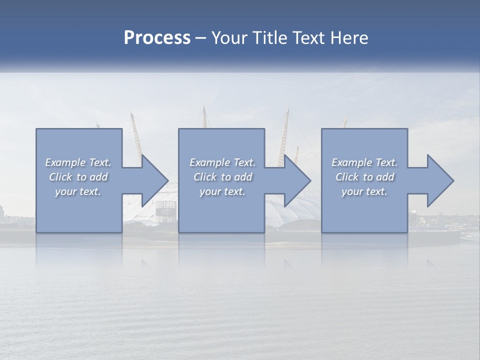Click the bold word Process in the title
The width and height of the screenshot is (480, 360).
click(157, 38)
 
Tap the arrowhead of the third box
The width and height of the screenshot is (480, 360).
click(440, 180)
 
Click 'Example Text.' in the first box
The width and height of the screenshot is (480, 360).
click(78, 162)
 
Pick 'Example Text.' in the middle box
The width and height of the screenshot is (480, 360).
click(222, 162)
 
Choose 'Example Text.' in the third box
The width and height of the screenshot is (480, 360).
click(364, 162)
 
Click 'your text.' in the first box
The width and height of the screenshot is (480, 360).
click(78, 191)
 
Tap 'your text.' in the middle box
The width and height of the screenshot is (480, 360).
click(222, 191)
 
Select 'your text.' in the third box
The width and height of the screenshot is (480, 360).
click(364, 191)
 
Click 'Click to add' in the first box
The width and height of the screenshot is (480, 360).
click(78, 177)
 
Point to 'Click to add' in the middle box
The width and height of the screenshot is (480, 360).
click(222, 177)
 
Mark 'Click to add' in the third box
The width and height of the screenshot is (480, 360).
click(364, 177)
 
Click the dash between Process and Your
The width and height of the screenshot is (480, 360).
click(201, 38)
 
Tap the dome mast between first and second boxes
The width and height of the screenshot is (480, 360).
click(136, 135)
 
